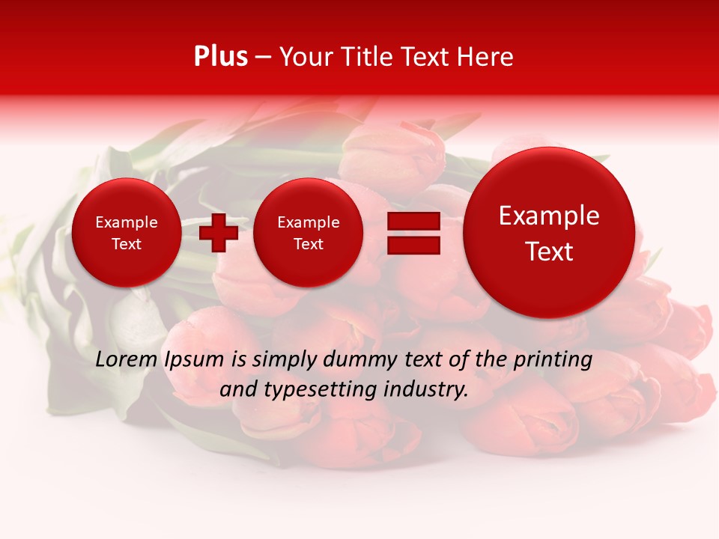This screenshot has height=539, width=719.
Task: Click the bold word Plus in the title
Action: click(220, 57)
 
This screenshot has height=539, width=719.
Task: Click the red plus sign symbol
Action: click(219, 232)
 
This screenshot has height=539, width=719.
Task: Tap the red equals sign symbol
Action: click(413, 234)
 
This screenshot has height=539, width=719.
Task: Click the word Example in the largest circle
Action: click(549, 216)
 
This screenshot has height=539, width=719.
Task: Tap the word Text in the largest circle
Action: click(549, 252)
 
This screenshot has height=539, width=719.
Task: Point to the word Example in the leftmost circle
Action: click(127, 222)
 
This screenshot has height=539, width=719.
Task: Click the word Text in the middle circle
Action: click(308, 244)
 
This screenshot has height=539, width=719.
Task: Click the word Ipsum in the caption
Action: click(195, 359)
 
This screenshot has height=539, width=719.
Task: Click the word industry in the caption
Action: click(428, 389)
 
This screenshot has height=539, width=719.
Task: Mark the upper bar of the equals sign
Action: click(413, 222)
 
